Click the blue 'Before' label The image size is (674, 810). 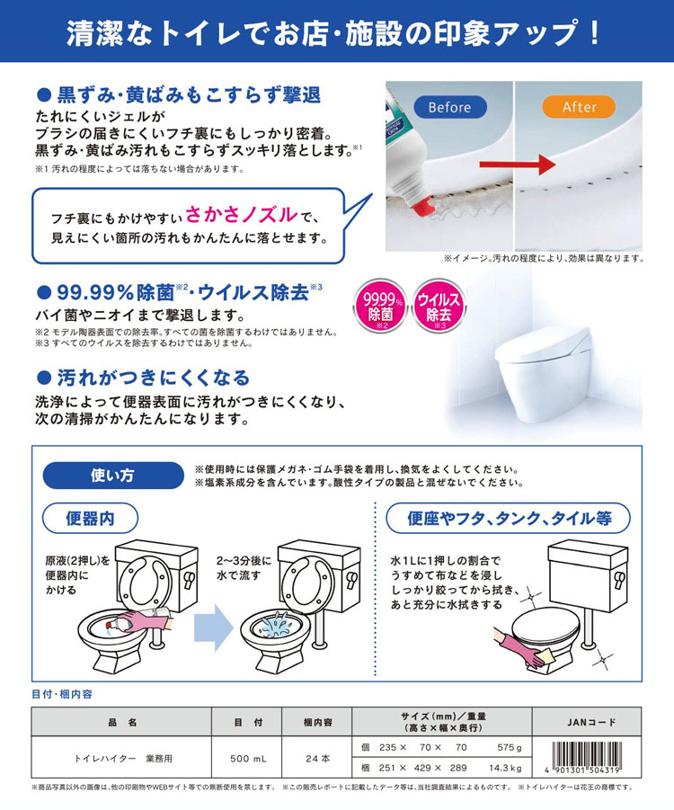[449, 107]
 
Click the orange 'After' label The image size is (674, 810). [579, 107]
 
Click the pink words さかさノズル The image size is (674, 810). [242, 216]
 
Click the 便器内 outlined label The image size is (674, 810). [90, 519]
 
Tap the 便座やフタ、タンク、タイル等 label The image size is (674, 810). [508, 519]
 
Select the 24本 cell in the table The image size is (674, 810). [318, 758]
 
